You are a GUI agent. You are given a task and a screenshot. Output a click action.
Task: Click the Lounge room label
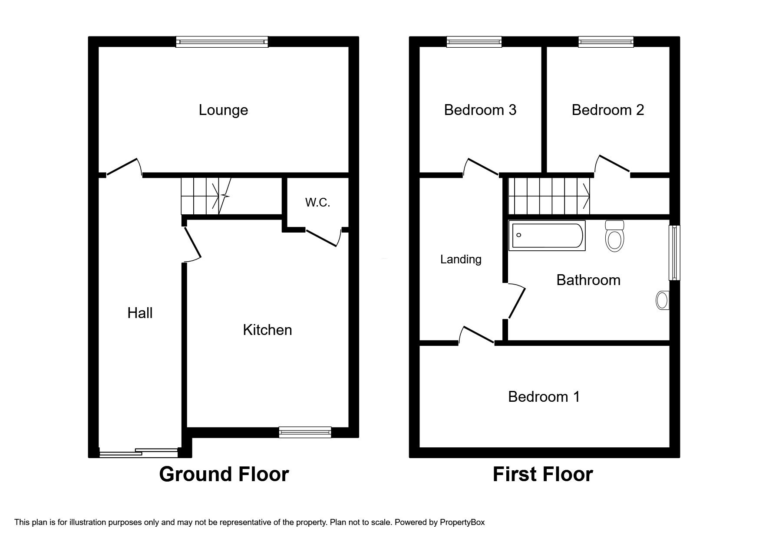click(223, 110)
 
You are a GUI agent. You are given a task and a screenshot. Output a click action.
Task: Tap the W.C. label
click(317, 202)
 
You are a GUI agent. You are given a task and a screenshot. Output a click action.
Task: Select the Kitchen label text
click(267, 330)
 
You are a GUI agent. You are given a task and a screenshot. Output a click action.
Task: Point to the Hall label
click(140, 313)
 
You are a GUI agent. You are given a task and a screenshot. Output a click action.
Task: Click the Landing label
click(461, 259)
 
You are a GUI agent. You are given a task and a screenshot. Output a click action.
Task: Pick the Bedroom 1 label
click(544, 397)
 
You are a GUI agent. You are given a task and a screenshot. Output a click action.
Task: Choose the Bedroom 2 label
click(607, 110)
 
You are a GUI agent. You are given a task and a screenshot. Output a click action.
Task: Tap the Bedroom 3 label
click(480, 110)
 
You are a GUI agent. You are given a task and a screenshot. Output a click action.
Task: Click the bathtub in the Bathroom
click(547, 236)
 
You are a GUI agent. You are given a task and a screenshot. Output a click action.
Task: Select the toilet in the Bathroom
click(614, 236)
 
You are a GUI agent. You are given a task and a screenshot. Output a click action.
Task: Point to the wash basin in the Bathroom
click(662, 300)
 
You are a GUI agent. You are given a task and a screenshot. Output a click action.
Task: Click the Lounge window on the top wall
click(222, 42)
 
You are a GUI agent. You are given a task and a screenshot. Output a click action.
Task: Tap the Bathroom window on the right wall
click(674, 253)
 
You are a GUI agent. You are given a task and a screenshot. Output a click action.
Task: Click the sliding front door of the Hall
click(139, 453)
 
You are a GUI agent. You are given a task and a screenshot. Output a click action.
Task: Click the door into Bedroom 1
click(477, 335)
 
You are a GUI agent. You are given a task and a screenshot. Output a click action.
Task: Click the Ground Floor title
click(224, 474)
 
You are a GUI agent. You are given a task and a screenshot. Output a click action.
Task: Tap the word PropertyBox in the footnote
click(462, 522)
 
